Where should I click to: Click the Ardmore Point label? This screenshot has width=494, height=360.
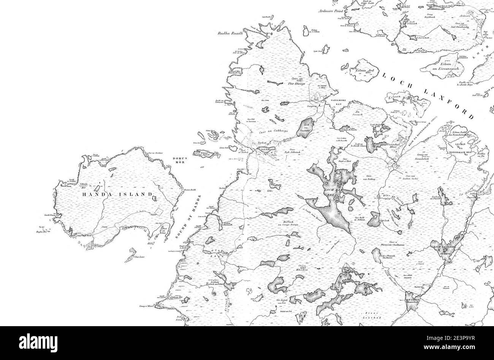(x=331, y=11)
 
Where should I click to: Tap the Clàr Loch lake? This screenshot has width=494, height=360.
(x=385, y=220)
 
